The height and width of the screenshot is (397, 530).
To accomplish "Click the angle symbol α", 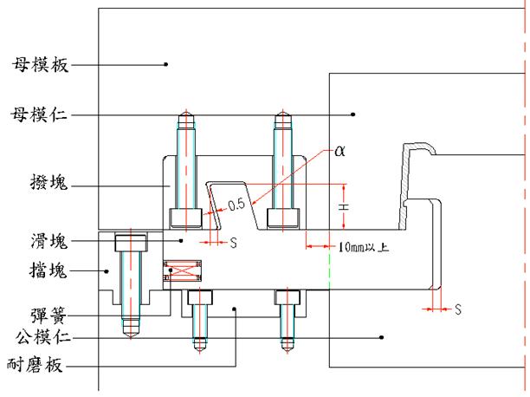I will pyautogui.click(x=339, y=150).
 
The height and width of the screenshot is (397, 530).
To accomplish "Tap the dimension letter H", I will pyautogui.click(x=346, y=207).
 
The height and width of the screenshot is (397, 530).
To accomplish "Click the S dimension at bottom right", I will pyautogui.click(x=458, y=308).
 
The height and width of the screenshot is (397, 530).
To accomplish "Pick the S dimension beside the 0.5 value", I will pyautogui.click(x=235, y=243).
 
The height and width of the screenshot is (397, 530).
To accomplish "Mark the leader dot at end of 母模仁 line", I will pyautogui.click(x=352, y=114).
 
